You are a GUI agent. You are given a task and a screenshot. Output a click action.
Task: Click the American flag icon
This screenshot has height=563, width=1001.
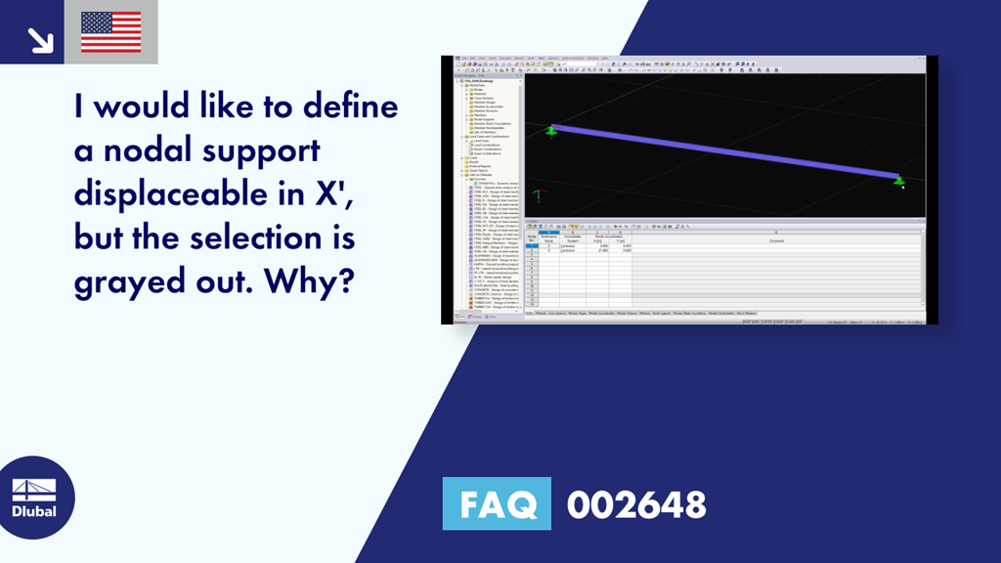point(110,32)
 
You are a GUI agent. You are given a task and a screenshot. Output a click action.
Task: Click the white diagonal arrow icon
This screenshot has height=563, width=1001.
point(40,39)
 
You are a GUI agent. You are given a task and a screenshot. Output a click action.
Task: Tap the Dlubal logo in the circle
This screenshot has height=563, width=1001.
point(33,498)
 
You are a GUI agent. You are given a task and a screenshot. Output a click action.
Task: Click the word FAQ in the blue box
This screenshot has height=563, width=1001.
point(496,504)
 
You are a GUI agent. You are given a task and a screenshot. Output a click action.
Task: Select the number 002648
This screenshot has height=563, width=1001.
point(636,505)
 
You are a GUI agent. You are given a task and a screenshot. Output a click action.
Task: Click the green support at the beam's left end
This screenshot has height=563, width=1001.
point(551,129)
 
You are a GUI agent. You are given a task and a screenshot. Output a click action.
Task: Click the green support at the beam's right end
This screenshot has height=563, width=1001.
point(898,180)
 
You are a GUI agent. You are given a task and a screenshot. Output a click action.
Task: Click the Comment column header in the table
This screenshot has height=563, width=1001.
point(775,240)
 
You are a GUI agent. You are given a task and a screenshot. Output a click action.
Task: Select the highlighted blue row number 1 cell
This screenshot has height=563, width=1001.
point(531,246)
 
